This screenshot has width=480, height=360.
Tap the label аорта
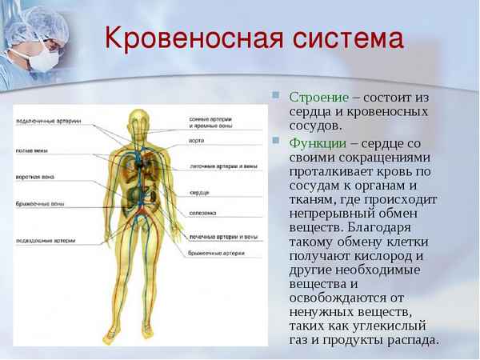click(x=197, y=138)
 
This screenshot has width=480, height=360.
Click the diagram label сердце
click(x=199, y=193)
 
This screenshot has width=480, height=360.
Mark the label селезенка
click(x=203, y=214)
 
